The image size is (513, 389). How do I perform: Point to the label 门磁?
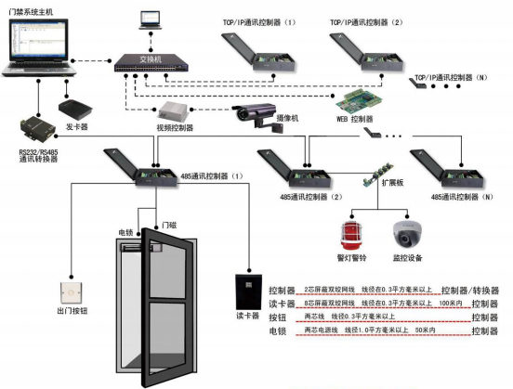tap(168, 226)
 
